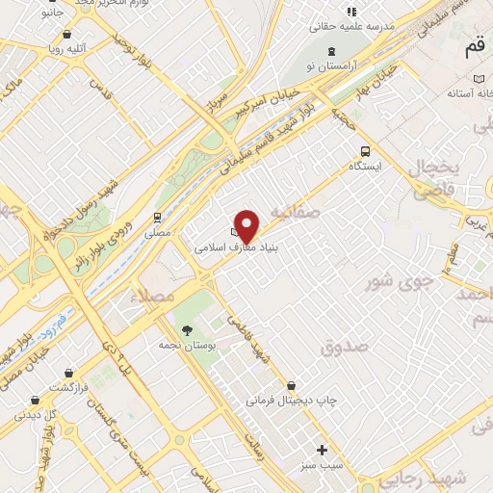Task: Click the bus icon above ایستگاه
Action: (x=364, y=150)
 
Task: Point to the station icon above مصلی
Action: (x=157, y=218)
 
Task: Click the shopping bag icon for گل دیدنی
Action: (x=36, y=400)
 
